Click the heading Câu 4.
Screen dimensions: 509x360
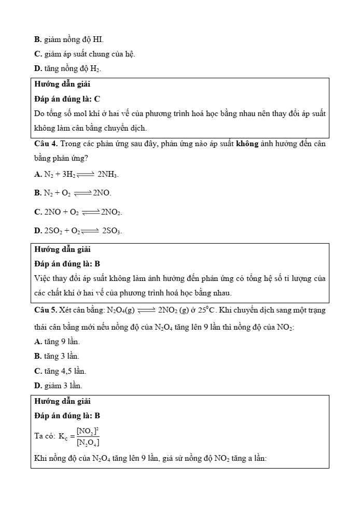[46, 144]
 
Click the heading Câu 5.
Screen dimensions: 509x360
[46, 310]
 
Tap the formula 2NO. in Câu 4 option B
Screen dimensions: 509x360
[102, 193]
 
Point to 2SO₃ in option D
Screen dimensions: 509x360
[112, 231]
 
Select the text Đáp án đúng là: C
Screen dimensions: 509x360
[67, 98]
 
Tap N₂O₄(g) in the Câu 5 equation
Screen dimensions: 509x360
[121, 310]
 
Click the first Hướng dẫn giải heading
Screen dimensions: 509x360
[63, 84]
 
